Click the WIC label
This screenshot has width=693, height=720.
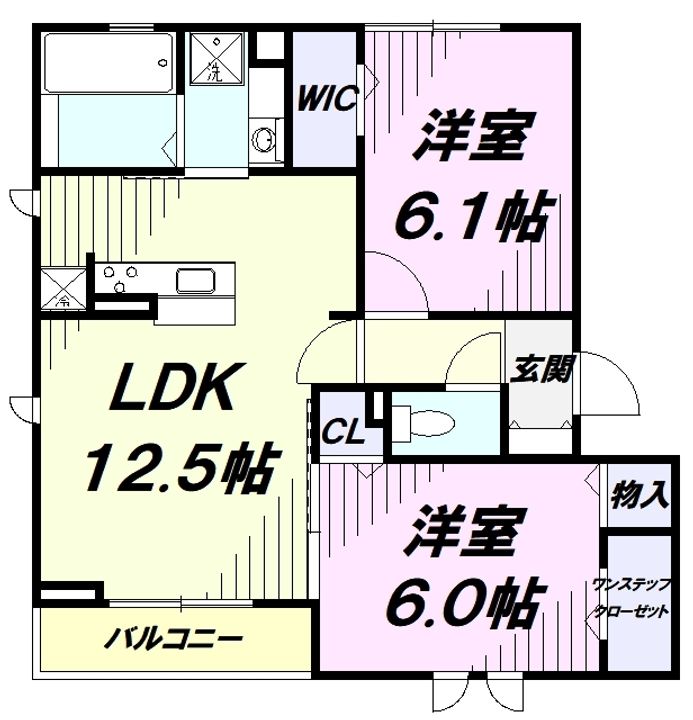click(x=325, y=100)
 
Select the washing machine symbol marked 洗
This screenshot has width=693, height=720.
click(x=214, y=60)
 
